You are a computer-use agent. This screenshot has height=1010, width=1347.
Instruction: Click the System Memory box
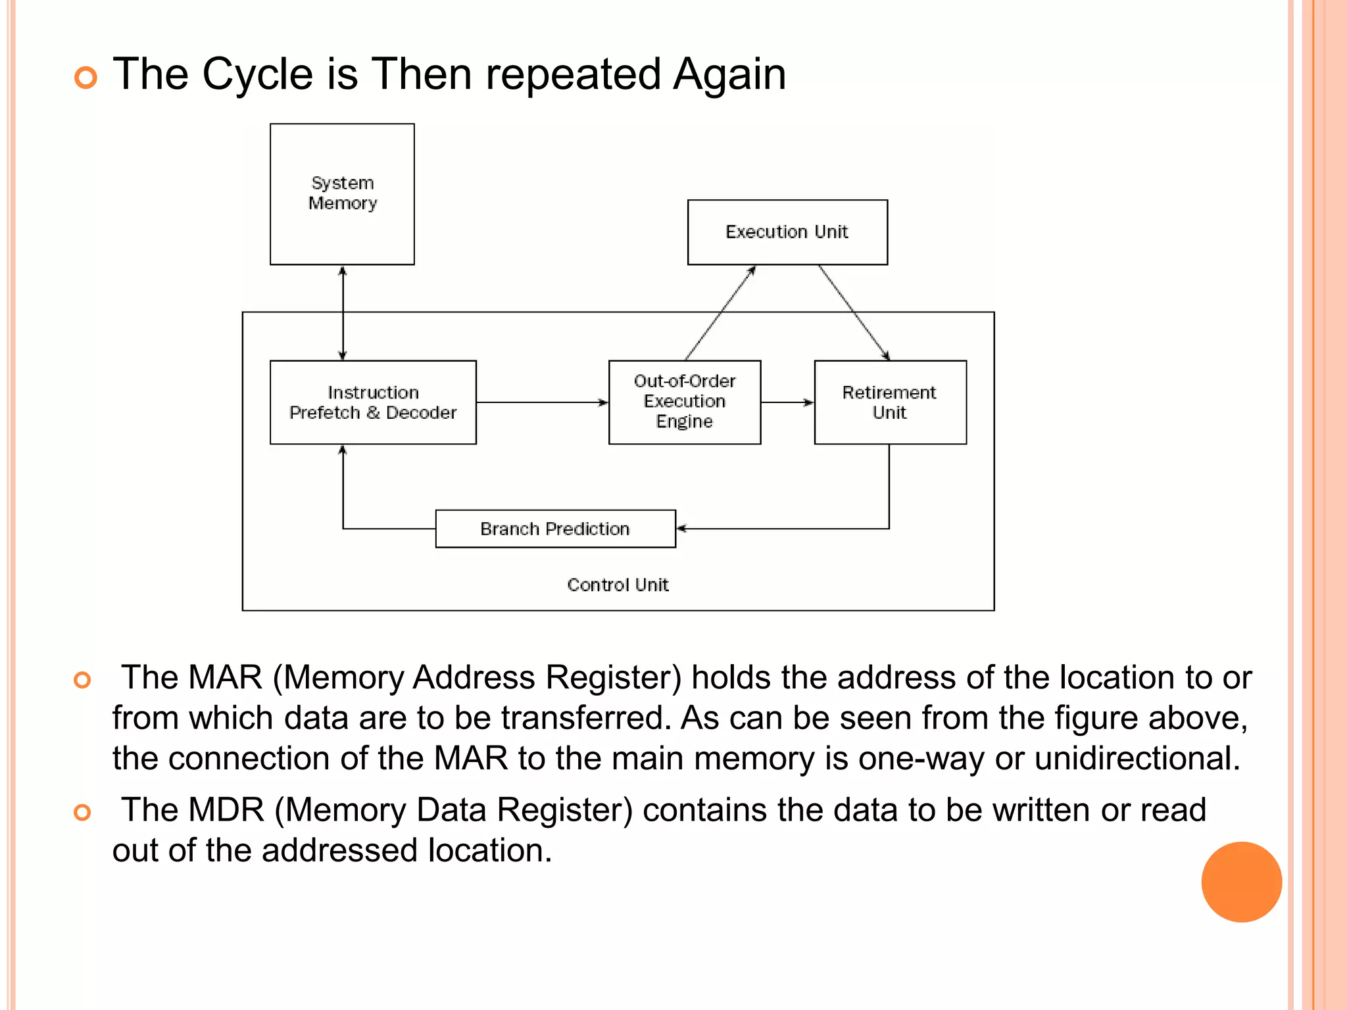coord(342,194)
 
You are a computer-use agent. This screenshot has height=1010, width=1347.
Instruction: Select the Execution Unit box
coord(787,232)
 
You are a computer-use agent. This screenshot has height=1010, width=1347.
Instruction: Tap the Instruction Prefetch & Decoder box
coord(373,402)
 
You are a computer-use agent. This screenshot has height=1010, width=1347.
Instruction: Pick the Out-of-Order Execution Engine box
coord(685,402)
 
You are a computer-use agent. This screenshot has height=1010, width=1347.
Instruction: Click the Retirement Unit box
coord(890,402)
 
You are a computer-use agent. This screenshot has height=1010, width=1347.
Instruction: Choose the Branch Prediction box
coord(555,529)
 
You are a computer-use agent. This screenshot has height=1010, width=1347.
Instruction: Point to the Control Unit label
coord(618,585)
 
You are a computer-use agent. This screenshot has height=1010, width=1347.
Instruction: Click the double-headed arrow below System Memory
coord(342,313)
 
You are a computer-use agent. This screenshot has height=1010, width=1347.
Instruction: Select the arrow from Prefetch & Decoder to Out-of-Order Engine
coord(542,402)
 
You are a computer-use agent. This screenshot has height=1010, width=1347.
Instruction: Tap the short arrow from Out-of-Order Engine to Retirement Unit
coord(787,402)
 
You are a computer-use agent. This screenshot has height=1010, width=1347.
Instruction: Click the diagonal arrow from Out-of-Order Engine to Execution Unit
coord(720,313)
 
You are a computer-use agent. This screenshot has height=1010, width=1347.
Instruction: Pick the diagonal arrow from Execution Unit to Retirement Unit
coord(854,313)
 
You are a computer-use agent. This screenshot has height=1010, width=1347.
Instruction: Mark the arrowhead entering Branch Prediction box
coord(681,528)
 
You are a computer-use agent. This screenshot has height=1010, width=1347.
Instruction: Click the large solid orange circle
coord(1241,882)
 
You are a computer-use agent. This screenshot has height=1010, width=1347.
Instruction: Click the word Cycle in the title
coord(257,74)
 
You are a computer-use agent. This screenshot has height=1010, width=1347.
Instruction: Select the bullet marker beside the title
coord(86,78)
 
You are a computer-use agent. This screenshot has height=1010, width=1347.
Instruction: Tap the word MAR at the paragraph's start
coord(225,677)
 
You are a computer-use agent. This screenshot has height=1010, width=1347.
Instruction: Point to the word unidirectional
coord(1137,758)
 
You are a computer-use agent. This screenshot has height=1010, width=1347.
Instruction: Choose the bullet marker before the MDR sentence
coord(82,813)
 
